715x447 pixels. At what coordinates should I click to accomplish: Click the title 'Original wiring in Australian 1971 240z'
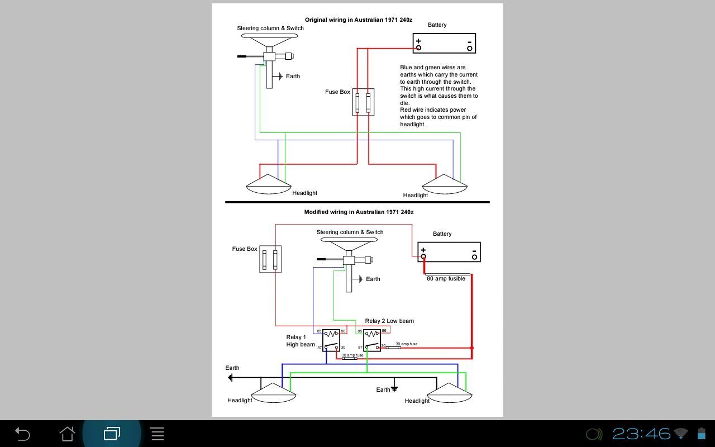(358, 20)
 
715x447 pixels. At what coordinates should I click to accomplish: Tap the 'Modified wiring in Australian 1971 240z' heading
(359, 212)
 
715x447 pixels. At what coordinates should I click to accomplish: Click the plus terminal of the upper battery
(418, 47)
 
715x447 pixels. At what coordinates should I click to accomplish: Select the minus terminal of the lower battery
(474, 257)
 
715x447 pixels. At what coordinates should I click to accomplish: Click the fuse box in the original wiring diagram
(363, 102)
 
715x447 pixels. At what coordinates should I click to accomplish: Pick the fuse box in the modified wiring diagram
(270, 259)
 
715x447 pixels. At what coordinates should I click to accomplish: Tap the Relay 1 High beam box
(331, 340)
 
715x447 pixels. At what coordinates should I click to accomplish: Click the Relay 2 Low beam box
(372, 340)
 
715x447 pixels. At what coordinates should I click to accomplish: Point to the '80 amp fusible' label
(446, 278)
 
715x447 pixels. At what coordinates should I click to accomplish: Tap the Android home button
(67, 434)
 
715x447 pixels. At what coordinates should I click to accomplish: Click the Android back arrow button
(22, 434)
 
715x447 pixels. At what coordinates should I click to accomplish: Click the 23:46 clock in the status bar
(641, 434)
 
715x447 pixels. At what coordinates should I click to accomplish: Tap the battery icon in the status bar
(702, 434)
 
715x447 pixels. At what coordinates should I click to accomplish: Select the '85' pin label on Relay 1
(320, 331)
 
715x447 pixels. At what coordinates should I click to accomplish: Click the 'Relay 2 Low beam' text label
(389, 321)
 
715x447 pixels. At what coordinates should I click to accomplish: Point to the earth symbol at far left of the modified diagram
(230, 378)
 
